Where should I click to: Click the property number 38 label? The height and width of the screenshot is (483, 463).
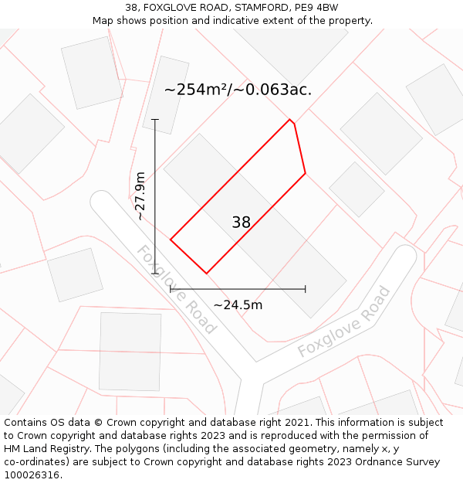[241, 223]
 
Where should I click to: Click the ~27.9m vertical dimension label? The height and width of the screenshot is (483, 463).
[140, 196]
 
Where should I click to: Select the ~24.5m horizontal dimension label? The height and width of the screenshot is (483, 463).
[238, 305]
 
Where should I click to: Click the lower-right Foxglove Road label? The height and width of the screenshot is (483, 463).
[344, 322]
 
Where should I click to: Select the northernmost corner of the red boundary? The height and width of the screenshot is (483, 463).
[290, 120]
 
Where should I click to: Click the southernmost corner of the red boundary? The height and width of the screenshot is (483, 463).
[207, 273]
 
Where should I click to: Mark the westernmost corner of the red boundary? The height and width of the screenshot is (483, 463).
[171, 240]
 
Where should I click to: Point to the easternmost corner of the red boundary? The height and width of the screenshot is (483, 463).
[306, 173]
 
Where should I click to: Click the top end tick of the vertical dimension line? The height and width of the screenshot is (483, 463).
[155, 120]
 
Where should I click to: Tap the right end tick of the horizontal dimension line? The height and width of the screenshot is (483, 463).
[306, 289]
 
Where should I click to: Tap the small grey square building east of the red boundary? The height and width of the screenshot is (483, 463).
[357, 189]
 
